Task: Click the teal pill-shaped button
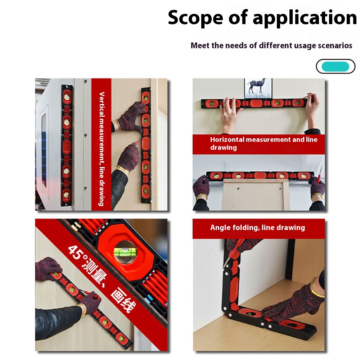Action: tap(335, 67)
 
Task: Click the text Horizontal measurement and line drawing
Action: tap(264, 143)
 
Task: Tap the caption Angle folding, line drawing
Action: tap(257, 228)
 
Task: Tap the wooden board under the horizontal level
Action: tap(256, 194)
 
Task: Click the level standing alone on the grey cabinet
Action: tap(67, 144)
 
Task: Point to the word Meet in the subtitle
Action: tap(200, 46)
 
